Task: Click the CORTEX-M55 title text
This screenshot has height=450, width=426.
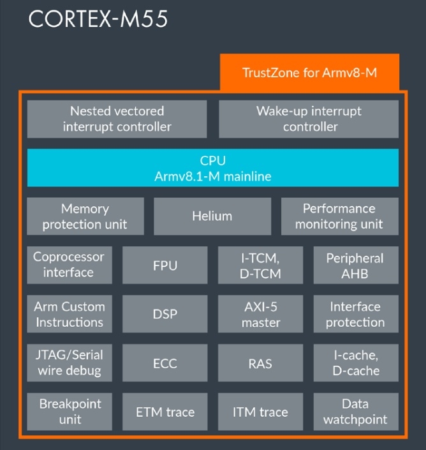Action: pyautogui.click(x=98, y=19)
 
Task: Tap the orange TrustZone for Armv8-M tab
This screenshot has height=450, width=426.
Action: pyautogui.click(x=309, y=72)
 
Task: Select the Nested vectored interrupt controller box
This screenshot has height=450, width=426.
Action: pyautogui.click(x=117, y=119)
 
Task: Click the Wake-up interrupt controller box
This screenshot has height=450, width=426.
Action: pyautogui.click(x=309, y=119)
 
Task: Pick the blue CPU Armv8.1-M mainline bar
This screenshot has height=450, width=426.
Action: pyautogui.click(x=212, y=168)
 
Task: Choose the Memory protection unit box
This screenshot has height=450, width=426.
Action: pyautogui.click(x=85, y=216)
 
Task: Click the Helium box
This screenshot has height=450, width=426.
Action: pyautogui.click(x=212, y=216)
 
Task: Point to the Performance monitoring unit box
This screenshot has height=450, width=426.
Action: pyautogui.click(x=339, y=216)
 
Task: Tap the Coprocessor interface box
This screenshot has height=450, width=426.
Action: pyautogui.click(x=69, y=265)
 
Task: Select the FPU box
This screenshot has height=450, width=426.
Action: pyautogui.click(x=165, y=265)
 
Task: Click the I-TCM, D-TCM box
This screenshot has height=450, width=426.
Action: pyautogui.click(x=260, y=265)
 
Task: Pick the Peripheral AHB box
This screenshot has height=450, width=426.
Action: pyautogui.click(x=355, y=265)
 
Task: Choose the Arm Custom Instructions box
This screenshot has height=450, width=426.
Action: pyautogui.click(x=69, y=313)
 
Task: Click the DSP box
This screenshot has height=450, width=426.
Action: pyautogui.click(x=165, y=313)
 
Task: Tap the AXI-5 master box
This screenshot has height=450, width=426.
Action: pyautogui.click(x=260, y=313)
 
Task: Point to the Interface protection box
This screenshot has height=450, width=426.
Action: pyautogui.click(x=355, y=313)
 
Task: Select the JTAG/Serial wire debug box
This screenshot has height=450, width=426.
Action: pyautogui.click(x=69, y=363)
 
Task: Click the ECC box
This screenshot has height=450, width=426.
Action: pyautogui.click(x=165, y=363)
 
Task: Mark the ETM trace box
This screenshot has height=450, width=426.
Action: pyautogui.click(x=165, y=412)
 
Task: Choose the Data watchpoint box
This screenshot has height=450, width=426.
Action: pyautogui.click(x=355, y=412)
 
